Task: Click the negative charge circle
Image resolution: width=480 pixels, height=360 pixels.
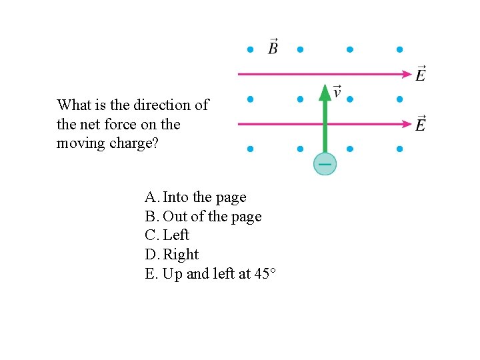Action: (x=325, y=164)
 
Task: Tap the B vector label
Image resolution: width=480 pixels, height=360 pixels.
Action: (x=273, y=47)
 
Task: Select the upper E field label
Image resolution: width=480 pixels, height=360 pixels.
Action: (x=421, y=73)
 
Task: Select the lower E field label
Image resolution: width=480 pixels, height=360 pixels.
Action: (x=421, y=123)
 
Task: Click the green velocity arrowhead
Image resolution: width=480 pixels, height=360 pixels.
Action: (x=325, y=93)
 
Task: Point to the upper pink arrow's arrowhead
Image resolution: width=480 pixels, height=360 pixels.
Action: (x=405, y=73)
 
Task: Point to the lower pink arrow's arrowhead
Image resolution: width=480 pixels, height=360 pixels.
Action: (x=405, y=123)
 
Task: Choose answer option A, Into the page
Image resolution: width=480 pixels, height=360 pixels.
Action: (x=195, y=197)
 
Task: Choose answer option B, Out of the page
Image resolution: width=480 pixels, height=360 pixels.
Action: (x=203, y=217)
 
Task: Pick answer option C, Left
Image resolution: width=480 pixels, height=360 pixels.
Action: (x=167, y=235)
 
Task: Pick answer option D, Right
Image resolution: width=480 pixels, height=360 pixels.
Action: (x=171, y=255)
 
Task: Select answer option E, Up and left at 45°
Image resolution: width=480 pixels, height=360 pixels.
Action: (x=210, y=273)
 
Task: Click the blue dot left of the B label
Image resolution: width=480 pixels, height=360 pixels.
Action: (x=250, y=49)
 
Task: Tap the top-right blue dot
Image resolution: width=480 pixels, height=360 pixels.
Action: (x=399, y=49)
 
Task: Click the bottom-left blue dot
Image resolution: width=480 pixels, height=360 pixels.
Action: (x=250, y=149)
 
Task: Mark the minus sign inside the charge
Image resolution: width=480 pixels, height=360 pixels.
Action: (x=325, y=163)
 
